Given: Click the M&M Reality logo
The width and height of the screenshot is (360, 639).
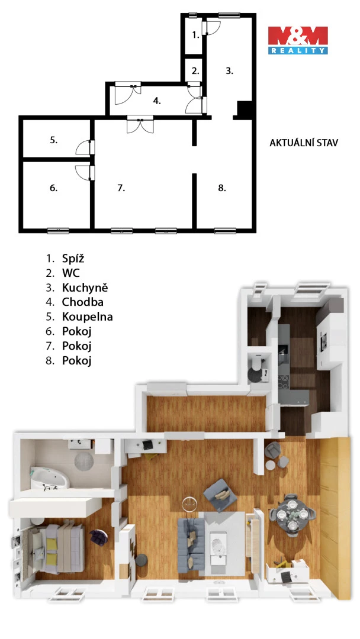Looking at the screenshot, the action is click(x=298, y=40).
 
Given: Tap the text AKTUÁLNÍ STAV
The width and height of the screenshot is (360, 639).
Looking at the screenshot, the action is click(x=304, y=143).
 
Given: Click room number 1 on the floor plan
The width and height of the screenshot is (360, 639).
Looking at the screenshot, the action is click(x=196, y=35).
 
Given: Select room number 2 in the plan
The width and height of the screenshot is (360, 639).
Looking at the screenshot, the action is click(x=196, y=71).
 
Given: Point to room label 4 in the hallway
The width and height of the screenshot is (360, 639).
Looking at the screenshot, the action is click(x=157, y=101).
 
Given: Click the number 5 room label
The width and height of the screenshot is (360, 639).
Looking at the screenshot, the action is click(x=54, y=140).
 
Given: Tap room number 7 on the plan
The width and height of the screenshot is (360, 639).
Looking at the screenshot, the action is click(x=121, y=188).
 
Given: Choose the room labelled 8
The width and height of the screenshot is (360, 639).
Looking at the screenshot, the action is click(x=222, y=188).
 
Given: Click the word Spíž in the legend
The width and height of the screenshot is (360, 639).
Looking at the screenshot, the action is click(x=73, y=259).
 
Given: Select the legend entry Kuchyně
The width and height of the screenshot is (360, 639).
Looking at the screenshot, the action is click(x=85, y=288).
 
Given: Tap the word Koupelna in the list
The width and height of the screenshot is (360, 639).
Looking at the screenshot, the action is click(x=87, y=317).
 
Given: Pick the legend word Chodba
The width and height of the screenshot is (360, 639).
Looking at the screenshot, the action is click(x=82, y=302).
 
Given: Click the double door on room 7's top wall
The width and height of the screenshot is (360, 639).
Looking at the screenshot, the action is click(x=140, y=124).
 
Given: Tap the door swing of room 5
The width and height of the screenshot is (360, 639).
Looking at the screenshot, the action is click(x=83, y=147).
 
